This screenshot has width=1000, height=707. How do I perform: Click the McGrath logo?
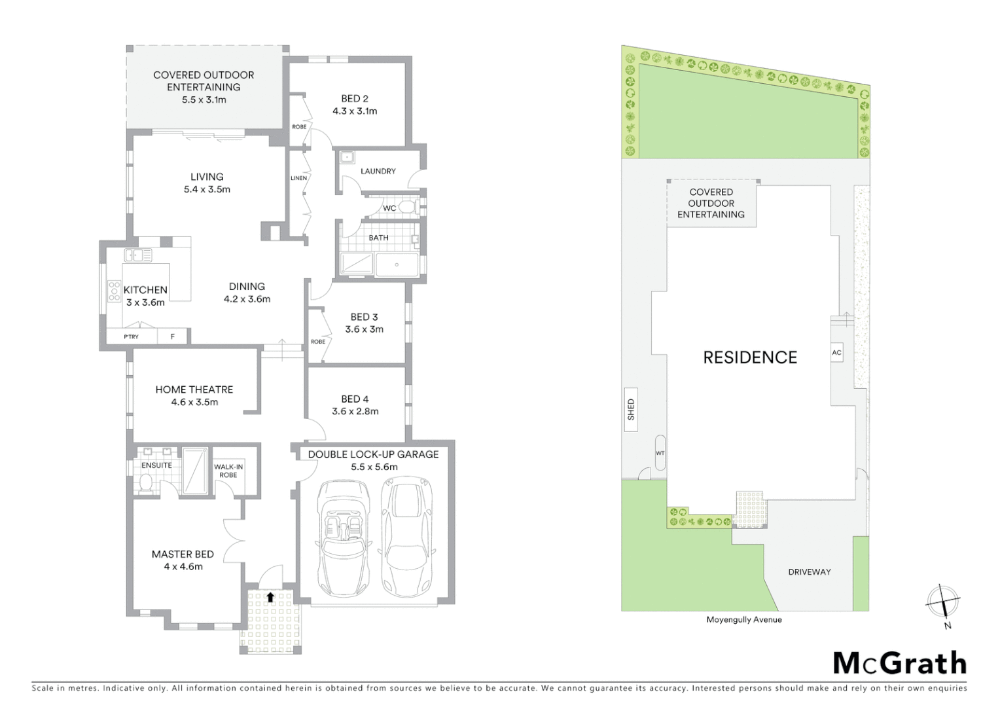pyautogui.click(x=900, y=663)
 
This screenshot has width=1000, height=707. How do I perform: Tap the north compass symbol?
pyautogui.click(x=942, y=601)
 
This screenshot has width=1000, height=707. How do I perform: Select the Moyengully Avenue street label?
pyautogui.click(x=743, y=619)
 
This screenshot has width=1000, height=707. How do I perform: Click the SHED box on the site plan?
pyautogui.click(x=631, y=409)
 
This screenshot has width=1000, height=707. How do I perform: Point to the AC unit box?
pyautogui.click(x=836, y=352)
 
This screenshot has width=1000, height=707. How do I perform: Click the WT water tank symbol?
pyautogui.click(x=660, y=452)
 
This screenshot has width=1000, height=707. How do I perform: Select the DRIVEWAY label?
pyautogui.click(x=809, y=571)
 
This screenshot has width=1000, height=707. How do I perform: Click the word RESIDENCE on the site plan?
pyautogui.click(x=750, y=357)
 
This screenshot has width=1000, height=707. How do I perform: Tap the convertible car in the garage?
pyautogui.click(x=340, y=537)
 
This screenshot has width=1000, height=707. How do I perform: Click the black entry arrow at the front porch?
pyautogui.click(x=270, y=597)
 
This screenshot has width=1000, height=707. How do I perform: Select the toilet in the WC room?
pyautogui.click(x=407, y=208)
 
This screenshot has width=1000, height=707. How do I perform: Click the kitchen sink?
pyautogui.click(x=138, y=255)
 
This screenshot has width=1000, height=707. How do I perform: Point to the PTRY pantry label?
pyautogui.click(x=131, y=336)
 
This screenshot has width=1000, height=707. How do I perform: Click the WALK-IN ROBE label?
pyautogui.click(x=228, y=470)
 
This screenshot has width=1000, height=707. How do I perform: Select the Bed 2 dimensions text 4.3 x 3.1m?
pyautogui.click(x=354, y=111)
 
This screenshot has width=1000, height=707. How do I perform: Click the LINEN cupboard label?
pyautogui.click(x=298, y=178)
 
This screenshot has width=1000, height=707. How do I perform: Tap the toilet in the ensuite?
pyautogui.click(x=147, y=482)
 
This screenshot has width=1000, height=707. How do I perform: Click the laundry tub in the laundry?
pyautogui.click(x=347, y=158)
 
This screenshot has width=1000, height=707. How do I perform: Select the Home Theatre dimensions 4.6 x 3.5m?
pyautogui.click(x=194, y=402)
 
